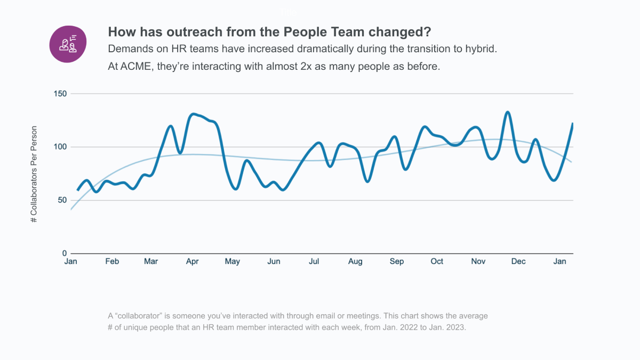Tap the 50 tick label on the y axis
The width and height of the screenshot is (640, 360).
click(x=62, y=201)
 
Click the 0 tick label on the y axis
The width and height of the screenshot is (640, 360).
click(x=64, y=253)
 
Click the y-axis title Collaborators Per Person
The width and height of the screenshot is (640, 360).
click(x=34, y=174)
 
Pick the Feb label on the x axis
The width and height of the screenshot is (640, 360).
click(x=112, y=262)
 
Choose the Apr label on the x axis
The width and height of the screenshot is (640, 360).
click(x=192, y=262)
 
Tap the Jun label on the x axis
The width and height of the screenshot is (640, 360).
click(x=274, y=262)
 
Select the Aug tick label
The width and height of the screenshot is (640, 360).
click(x=355, y=262)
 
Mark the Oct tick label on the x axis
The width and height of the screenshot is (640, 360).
click(x=437, y=262)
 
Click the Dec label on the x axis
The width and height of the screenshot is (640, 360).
click(x=518, y=262)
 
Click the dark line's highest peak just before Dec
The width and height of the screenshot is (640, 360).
click(x=508, y=112)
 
